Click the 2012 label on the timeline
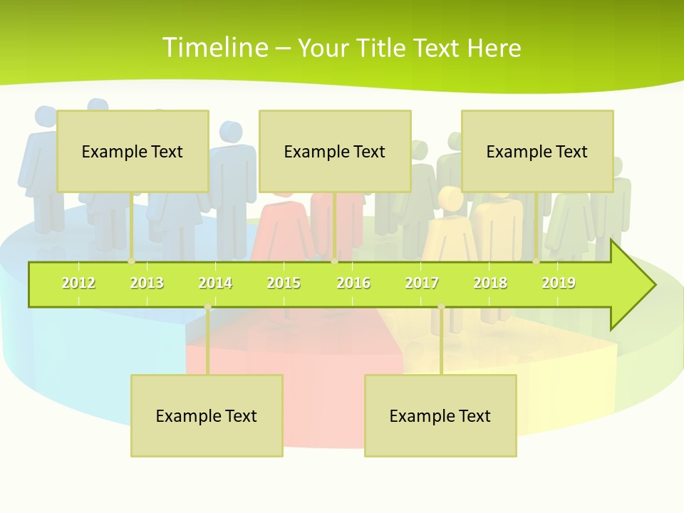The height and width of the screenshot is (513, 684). point(78,283)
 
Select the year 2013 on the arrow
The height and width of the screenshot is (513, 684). point(147,283)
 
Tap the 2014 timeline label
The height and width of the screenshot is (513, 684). point(215,283)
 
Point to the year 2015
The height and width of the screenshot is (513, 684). point(284,283)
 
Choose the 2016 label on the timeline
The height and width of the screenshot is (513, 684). point(353,283)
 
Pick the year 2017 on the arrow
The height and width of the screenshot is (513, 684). point(422,283)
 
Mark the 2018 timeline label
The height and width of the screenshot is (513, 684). point(490,283)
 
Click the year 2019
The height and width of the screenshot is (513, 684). point(559,283)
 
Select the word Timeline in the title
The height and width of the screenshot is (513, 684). point(214,48)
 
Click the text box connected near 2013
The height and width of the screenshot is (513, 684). point(133,151)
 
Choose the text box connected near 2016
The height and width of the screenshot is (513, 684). point(335,151)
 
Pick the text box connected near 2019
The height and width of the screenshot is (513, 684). point(537,151)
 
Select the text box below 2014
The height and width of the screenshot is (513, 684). point(207,415)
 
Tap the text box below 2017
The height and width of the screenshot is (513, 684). point(440,415)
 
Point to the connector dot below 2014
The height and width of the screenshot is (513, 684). point(207,306)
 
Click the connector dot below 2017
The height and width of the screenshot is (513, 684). point(441,306)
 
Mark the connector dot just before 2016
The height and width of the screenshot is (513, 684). point(334,261)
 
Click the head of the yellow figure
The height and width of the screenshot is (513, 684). point(450,197)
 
